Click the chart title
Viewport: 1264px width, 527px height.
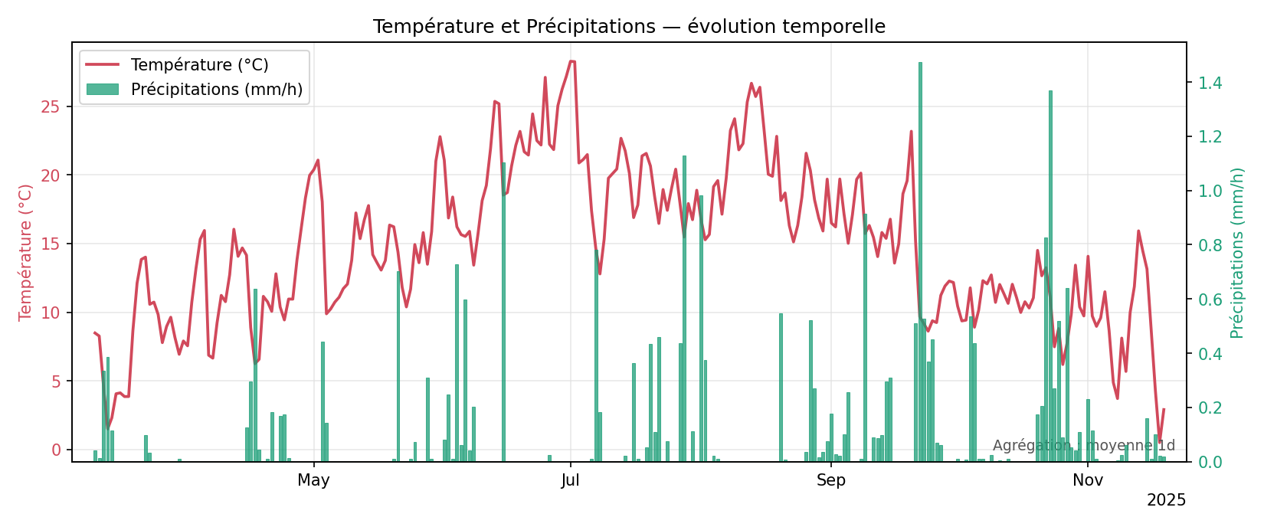(629, 27)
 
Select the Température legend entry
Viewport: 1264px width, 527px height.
(199, 65)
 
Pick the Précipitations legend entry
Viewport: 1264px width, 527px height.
(216, 90)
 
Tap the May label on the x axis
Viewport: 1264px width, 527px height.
(313, 481)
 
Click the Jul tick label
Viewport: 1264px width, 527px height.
(570, 481)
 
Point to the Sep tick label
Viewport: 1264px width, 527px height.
(831, 481)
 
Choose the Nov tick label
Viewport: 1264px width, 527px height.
(1088, 481)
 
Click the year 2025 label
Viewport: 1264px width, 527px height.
(1166, 501)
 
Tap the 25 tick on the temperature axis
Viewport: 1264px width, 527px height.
(51, 106)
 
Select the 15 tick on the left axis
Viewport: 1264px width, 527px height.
(51, 244)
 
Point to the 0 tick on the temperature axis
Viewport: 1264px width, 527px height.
(56, 450)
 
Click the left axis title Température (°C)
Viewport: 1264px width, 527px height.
(26, 252)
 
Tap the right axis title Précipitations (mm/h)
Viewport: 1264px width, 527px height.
(1237, 252)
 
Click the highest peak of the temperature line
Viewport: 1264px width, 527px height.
(571, 61)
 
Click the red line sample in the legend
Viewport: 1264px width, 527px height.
(103, 65)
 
